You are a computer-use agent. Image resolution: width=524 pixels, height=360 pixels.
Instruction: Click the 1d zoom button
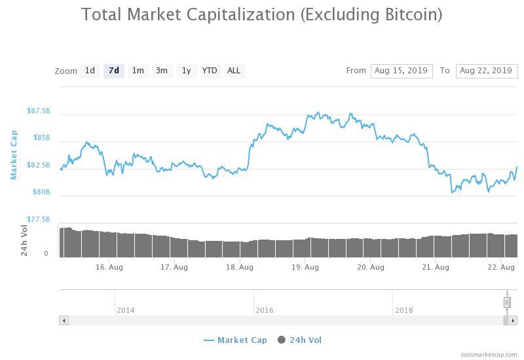(90, 71)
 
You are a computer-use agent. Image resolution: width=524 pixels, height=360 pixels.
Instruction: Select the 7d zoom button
(114, 71)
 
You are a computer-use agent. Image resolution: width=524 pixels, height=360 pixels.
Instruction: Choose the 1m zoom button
(138, 71)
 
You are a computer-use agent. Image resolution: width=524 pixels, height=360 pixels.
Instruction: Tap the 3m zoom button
(161, 71)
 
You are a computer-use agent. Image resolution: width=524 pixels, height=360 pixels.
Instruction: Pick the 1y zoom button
(186, 71)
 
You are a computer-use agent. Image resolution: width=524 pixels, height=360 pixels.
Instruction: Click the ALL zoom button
(233, 71)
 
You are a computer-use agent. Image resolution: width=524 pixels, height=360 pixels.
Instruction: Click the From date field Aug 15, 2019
(401, 71)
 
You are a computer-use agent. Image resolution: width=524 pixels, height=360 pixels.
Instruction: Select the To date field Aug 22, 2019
(486, 71)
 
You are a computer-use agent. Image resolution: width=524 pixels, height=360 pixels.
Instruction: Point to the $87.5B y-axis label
(38, 111)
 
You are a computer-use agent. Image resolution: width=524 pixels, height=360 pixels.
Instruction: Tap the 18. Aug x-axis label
(240, 267)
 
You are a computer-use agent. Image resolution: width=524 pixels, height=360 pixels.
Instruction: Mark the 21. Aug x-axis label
(436, 267)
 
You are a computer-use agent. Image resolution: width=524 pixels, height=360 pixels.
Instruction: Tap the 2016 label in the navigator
(265, 310)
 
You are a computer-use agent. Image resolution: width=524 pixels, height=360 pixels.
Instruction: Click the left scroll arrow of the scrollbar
(64, 320)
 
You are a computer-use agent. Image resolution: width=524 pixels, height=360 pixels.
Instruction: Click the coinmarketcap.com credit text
(489, 354)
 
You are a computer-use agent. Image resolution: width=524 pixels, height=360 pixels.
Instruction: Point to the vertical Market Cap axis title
(14, 155)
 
